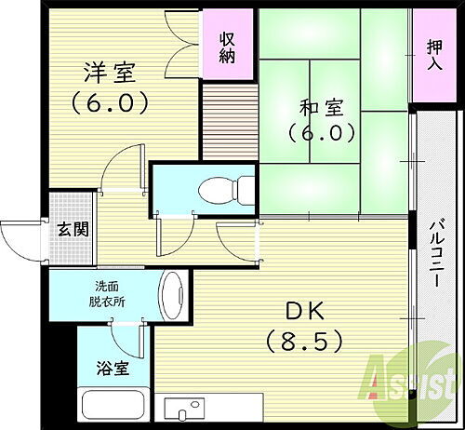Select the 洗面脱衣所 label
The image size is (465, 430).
[110, 294]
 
